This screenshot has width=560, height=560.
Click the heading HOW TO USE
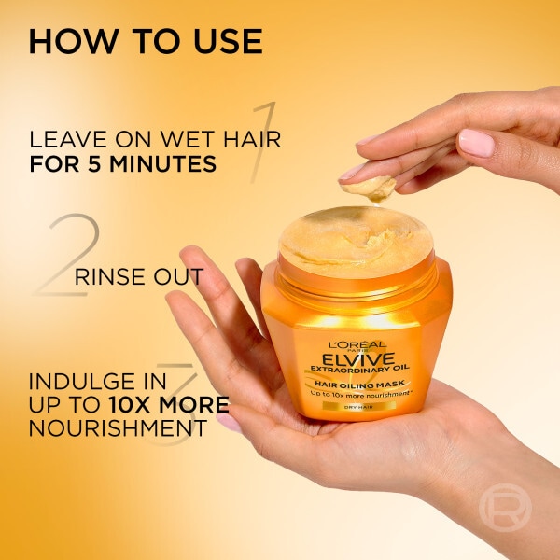coord(145,42)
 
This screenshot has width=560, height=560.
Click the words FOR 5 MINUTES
coord(123,164)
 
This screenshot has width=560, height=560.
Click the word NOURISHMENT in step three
coord(116,428)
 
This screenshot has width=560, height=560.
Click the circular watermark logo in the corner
coord(504,507)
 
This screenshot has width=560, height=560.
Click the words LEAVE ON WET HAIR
coord(155,140)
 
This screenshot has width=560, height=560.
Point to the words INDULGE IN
coord(98,382)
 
